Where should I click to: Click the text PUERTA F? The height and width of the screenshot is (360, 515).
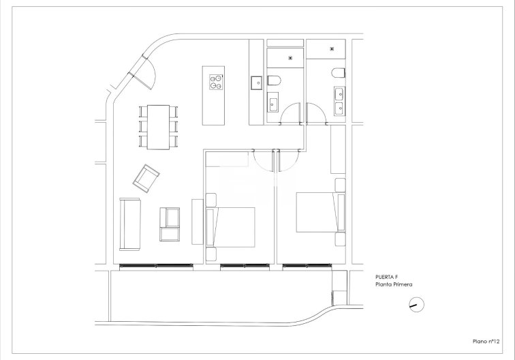click(386, 278)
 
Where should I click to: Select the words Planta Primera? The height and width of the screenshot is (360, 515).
click(394, 285)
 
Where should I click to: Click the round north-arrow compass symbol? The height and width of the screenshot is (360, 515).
click(416, 305)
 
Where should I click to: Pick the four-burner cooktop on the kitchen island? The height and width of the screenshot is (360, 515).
click(215, 82)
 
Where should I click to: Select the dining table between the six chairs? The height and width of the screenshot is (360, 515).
click(158, 126)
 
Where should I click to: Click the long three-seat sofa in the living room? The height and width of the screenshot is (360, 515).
click(129, 223)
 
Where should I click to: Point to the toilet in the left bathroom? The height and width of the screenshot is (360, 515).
click(275, 82)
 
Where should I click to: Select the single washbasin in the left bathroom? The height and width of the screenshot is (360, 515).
click(274, 104)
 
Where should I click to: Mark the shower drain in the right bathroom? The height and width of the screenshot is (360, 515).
click(332, 48)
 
